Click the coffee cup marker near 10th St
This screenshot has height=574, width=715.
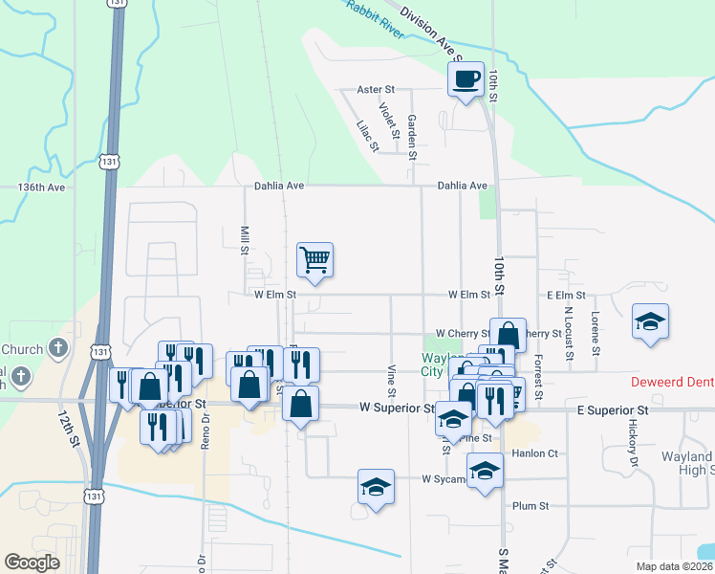(x=466, y=78)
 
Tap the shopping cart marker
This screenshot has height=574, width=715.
(x=314, y=258)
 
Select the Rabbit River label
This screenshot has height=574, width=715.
(x=368, y=14)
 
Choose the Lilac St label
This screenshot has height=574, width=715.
(x=368, y=136)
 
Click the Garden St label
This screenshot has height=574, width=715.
(x=412, y=137)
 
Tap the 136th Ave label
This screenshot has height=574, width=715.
(x=41, y=188)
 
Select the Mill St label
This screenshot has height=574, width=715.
(x=245, y=239)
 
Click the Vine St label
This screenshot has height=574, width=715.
(x=392, y=380)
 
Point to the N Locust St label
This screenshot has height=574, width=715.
(x=567, y=331)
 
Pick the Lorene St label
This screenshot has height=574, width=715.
(x=595, y=333)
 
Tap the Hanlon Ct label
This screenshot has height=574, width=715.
(x=534, y=453)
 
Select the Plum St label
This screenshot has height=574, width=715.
(x=531, y=506)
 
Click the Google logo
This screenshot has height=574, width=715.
(x=32, y=563)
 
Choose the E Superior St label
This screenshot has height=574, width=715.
(x=613, y=410)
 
